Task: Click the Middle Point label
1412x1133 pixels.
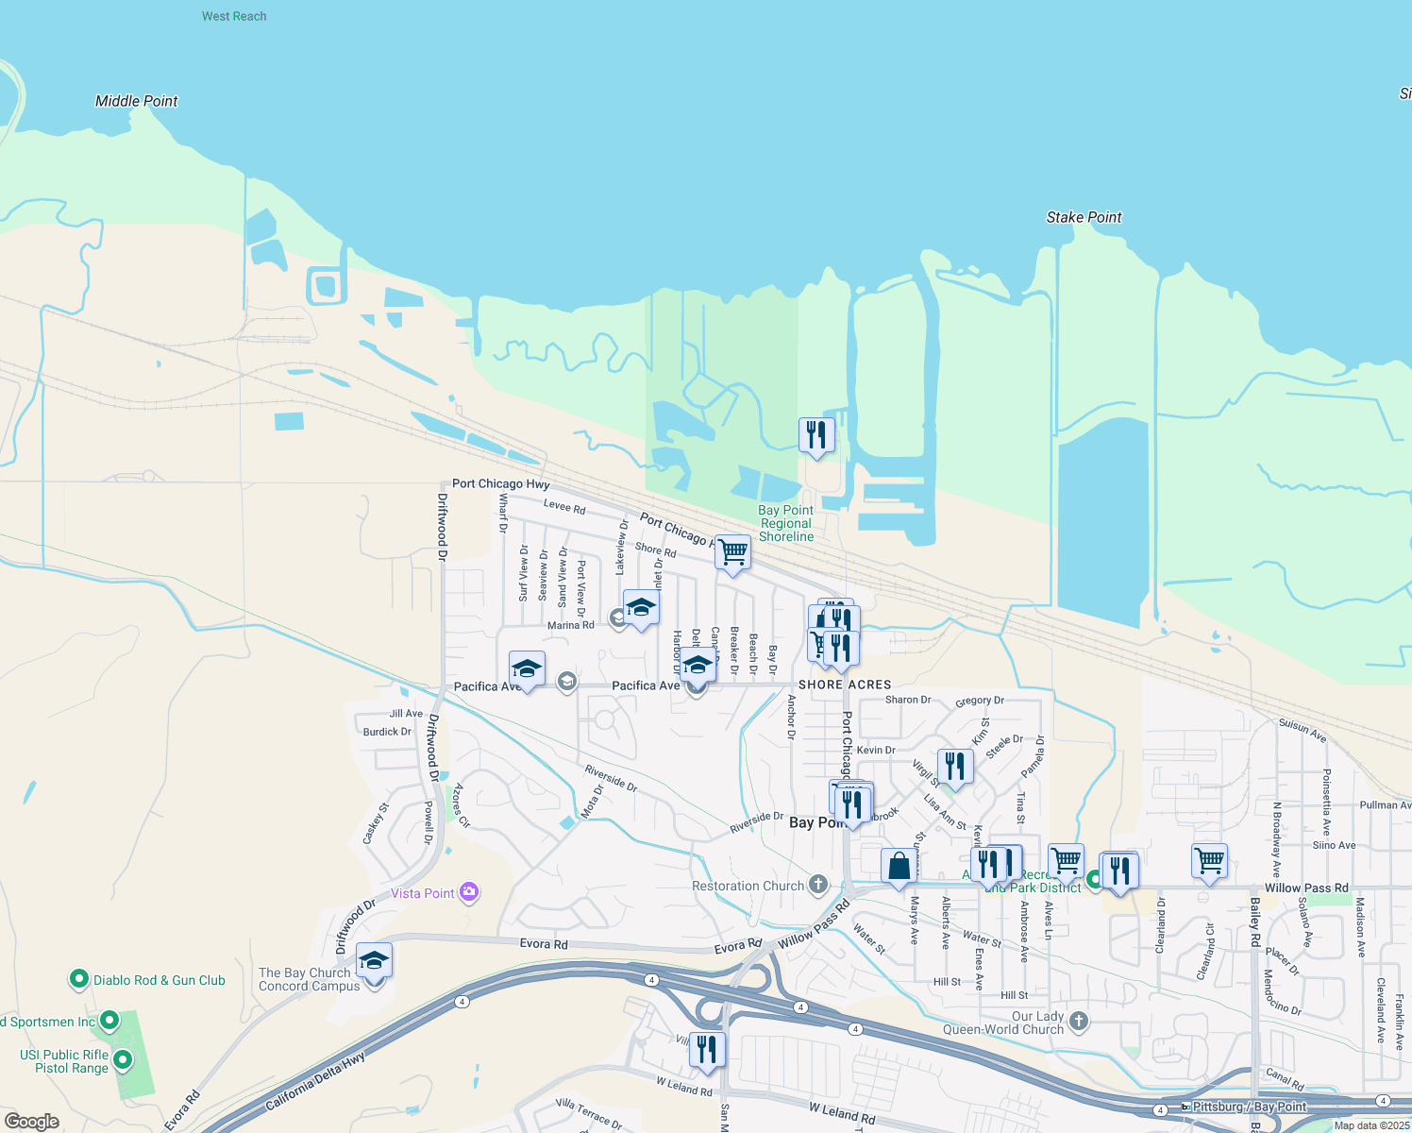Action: (x=136, y=101)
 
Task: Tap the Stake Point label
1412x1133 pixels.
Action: (x=1084, y=217)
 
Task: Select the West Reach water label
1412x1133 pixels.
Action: (x=234, y=16)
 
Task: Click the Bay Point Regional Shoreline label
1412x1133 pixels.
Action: (x=786, y=523)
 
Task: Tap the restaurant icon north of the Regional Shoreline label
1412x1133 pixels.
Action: (x=816, y=435)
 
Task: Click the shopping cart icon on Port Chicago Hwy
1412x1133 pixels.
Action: (x=732, y=552)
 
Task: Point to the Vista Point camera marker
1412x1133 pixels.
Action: (x=469, y=892)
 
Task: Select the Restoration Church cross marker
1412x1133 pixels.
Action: (x=818, y=885)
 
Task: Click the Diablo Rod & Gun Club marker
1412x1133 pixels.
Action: (x=79, y=980)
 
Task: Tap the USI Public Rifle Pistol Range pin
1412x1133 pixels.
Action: (x=123, y=1060)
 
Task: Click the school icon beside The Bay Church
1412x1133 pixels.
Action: (x=374, y=961)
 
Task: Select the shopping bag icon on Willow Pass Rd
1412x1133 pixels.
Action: (x=899, y=866)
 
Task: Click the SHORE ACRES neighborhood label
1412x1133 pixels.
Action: (x=845, y=685)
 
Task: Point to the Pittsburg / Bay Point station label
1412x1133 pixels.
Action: (x=1249, y=1107)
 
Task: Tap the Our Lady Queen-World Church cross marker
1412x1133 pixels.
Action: (x=1079, y=1021)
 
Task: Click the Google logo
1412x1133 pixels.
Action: (x=32, y=1121)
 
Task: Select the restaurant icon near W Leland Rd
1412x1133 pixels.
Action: (x=707, y=1049)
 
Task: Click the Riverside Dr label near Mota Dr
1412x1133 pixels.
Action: (x=611, y=778)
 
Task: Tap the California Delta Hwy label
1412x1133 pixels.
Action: (x=314, y=1082)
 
